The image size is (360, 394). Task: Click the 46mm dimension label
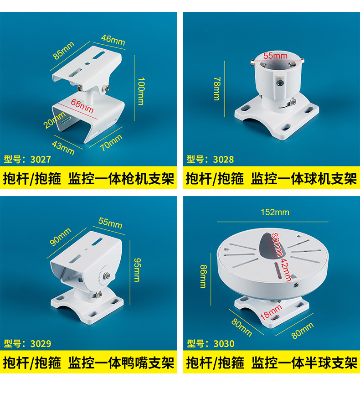(x=113, y=40)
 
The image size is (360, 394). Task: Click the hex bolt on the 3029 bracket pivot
(x=106, y=275)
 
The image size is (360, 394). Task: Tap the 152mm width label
(x=275, y=212)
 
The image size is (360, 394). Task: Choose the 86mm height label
(x=203, y=275)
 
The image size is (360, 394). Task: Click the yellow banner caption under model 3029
(x=89, y=363)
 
